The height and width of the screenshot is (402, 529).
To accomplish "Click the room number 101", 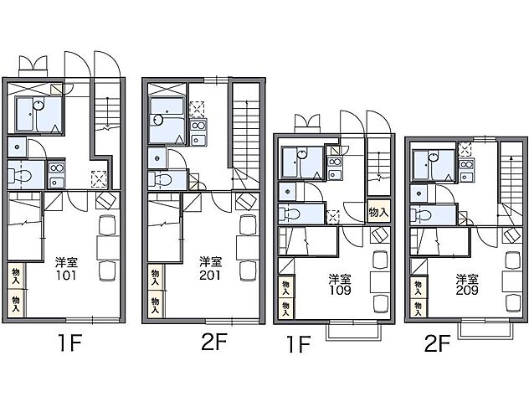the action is click(66, 276).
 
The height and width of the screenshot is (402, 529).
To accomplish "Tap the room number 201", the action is click(209, 276).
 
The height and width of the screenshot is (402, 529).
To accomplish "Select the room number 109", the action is click(340, 291).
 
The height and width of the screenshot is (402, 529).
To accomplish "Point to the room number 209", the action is click(467, 291).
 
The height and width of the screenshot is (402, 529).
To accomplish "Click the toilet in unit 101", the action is click(20, 175).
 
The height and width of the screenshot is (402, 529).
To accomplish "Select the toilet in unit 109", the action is click(290, 214).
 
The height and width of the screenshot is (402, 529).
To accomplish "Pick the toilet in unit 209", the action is click(421, 214).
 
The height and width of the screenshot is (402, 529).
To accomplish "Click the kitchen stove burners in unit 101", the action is click(57, 167).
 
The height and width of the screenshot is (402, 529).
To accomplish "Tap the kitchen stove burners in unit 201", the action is click(198, 126).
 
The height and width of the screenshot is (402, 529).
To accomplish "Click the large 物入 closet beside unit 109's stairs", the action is click(378, 212).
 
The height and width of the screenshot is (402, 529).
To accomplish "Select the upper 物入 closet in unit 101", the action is click(16, 276).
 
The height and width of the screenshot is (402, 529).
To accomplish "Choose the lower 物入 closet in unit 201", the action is click(156, 305).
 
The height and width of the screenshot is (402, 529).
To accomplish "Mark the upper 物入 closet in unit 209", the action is click(419, 288).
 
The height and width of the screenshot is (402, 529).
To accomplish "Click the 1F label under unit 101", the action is click(70, 343).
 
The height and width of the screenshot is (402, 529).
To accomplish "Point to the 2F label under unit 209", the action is click(437, 344).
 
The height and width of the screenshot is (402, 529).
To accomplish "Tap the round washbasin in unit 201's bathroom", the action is click(157, 120).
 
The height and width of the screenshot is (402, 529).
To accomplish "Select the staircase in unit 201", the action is click(246, 135).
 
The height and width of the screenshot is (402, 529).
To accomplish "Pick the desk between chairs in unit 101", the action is click(108, 248).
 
